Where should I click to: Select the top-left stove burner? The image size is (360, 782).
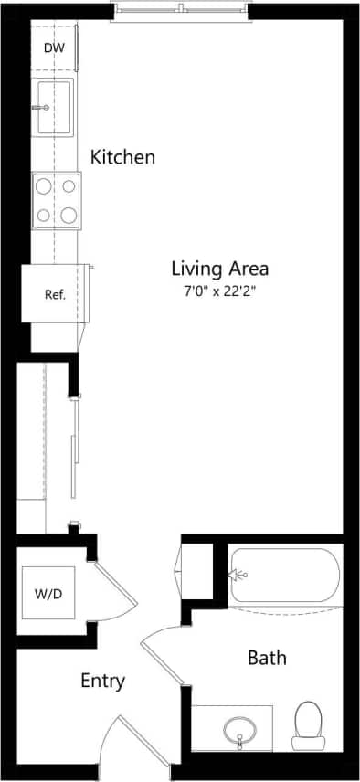click(x=44, y=186)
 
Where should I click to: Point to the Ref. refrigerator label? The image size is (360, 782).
click(x=55, y=295)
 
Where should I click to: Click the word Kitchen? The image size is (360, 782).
click(x=122, y=157)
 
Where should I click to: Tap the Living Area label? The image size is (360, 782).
click(x=219, y=269)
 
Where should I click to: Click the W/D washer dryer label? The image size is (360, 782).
click(x=48, y=595)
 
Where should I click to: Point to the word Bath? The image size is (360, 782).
click(x=267, y=658)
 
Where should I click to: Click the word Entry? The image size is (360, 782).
click(x=102, y=681)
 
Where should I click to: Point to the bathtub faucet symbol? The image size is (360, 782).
click(x=239, y=575)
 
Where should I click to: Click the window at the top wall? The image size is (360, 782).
click(x=180, y=10)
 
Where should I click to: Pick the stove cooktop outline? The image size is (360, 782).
click(x=57, y=201)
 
